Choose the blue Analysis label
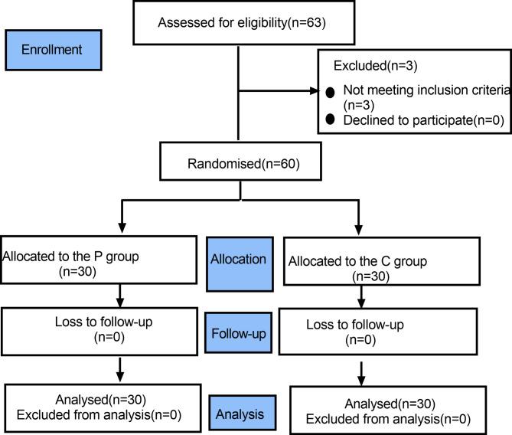click(x=239, y=414)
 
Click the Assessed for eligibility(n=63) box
click(x=241, y=22)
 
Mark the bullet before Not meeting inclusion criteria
click(x=330, y=92)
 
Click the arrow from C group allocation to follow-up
click(x=361, y=298)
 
